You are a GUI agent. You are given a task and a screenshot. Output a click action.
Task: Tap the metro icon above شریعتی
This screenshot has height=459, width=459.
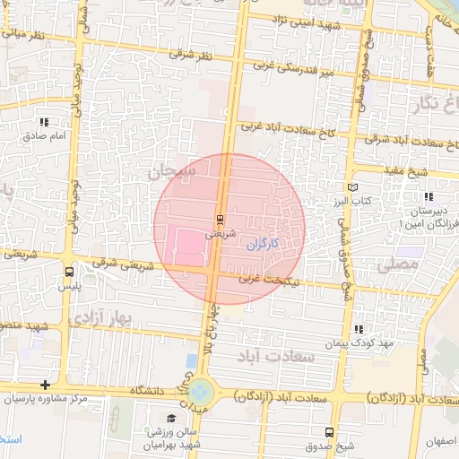pos(221,219)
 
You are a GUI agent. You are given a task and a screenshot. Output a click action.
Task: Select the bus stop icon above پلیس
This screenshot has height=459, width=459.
pos(70,272)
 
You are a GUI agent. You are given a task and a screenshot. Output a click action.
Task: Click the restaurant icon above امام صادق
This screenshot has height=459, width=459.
pos(44,122)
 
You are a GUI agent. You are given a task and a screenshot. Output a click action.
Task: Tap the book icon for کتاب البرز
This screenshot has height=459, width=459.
pos(351,187)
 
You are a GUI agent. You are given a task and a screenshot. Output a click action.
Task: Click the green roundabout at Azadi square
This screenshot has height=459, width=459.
pos(201,391)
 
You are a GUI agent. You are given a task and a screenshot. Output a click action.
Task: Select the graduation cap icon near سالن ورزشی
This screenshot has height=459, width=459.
pos(171,419)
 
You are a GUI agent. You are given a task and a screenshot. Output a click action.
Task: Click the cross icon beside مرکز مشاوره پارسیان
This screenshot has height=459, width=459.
pos(45,385)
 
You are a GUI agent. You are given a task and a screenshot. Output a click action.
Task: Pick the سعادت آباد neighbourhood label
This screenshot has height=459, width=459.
pos(276,356)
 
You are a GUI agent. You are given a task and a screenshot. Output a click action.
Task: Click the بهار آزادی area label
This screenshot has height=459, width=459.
pos(126,316)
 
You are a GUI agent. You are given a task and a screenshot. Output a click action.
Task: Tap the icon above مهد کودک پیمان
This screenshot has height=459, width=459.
pos(359,329)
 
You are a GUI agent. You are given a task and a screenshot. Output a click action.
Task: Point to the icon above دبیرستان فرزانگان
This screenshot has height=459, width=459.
pos(429,195)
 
